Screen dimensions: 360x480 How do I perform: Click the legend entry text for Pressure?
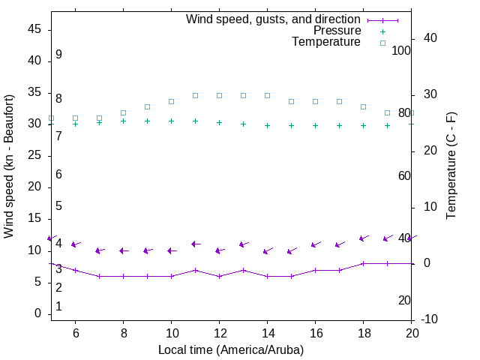(337, 31)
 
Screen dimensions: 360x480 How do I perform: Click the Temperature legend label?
(326, 42)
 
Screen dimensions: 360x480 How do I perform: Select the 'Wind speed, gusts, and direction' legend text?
(274, 19)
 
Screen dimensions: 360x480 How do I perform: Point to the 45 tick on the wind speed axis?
(34, 29)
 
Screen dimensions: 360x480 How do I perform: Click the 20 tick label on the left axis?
(34, 187)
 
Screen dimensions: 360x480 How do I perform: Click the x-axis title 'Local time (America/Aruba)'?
(231, 349)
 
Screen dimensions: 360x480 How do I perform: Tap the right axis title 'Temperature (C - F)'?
(451, 166)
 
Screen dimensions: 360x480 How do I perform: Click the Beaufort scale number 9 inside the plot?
(58, 55)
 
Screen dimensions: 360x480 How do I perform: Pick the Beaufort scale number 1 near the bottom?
(58, 307)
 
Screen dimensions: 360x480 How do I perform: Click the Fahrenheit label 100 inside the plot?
(401, 50)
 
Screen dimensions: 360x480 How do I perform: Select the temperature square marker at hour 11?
(195, 95)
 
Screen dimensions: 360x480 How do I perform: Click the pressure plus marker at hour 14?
(267, 125)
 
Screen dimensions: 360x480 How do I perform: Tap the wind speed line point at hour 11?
(195, 270)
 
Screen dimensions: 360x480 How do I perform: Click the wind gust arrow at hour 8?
(123, 250)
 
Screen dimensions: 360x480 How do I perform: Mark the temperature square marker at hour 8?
(123, 112)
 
